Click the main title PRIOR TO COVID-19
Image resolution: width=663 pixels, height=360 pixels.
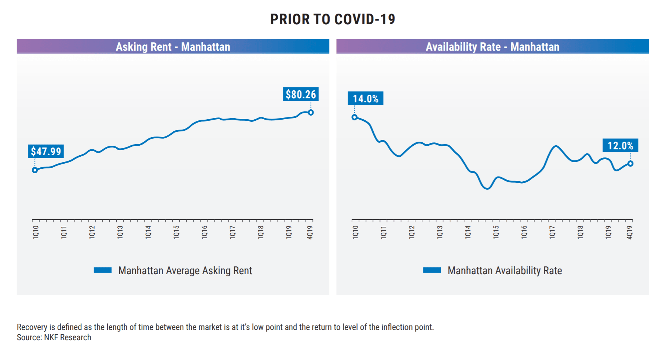coord(333,19)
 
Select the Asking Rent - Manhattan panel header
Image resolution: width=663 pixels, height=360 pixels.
coord(173,47)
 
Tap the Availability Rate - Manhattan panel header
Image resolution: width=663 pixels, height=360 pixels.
coord(492,47)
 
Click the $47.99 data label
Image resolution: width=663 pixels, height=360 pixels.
coord(46,151)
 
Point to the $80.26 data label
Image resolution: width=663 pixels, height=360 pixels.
coord(301,94)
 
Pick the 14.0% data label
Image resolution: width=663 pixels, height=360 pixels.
coord(366,98)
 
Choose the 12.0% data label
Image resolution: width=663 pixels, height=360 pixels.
coord(620,145)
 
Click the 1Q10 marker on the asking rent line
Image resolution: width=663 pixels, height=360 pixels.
coord(35,170)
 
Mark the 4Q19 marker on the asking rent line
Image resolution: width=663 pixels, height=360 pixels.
coord(311,113)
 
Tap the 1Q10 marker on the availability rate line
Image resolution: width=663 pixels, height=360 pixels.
coord(355,117)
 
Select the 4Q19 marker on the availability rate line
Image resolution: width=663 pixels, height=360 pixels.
coord(630,164)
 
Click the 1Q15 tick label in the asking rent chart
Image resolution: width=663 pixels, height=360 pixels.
coord(176,232)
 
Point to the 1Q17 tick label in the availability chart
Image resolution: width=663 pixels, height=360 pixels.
coord(552,232)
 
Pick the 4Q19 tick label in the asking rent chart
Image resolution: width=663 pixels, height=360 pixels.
coord(310,232)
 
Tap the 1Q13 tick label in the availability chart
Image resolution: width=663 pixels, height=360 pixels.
coord(440,232)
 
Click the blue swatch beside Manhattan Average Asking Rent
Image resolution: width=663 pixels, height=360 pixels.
coord(103,270)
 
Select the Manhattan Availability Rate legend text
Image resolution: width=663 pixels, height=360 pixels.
coord(505,270)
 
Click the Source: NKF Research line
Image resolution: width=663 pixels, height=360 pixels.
coord(54,337)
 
